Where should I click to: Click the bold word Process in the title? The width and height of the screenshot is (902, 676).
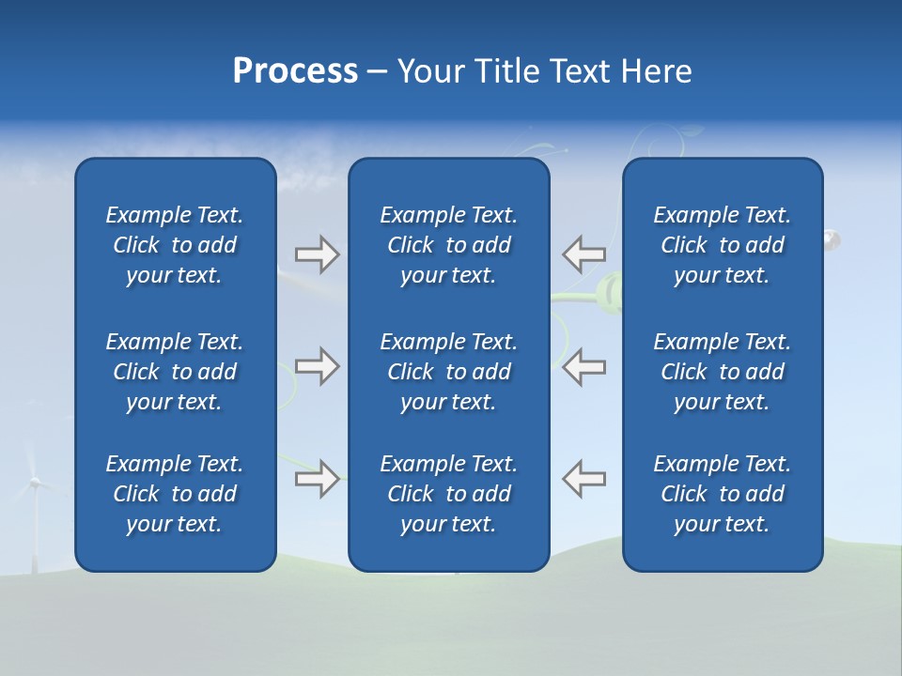click(x=295, y=71)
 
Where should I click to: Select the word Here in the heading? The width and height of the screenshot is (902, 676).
click(x=655, y=71)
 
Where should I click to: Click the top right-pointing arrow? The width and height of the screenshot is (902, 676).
click(x=317, y=254)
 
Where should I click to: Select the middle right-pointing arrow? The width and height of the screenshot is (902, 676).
click(x=317, y=366)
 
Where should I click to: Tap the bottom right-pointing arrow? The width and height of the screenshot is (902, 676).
click(x=317, y=479)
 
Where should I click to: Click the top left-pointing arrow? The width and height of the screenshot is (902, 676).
click(x=583, y=253)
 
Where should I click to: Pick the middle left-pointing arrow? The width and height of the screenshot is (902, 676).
click(x=583, y=366)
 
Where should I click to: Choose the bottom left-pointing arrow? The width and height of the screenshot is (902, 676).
click(x=583, y=479)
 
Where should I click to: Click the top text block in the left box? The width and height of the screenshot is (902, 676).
click(x=175, y=245)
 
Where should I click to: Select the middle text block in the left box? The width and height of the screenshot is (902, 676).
click(x=175, y=372)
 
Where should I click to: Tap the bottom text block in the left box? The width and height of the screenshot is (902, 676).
click(x=175, y=494)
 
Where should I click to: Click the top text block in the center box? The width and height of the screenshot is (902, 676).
click(x=448, y=245)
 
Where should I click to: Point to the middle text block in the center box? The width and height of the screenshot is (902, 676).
click(x=448, y=372)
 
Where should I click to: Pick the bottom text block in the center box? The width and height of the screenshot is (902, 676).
click(x=448, y=494)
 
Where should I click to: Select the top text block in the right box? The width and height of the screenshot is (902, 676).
click(x=722, y=245)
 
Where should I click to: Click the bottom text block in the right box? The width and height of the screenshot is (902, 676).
click(x=722, y=494)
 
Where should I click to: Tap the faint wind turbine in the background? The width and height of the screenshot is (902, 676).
click(x=35, y=507)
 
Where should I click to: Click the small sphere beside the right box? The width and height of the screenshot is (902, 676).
click(x=832, y=240)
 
